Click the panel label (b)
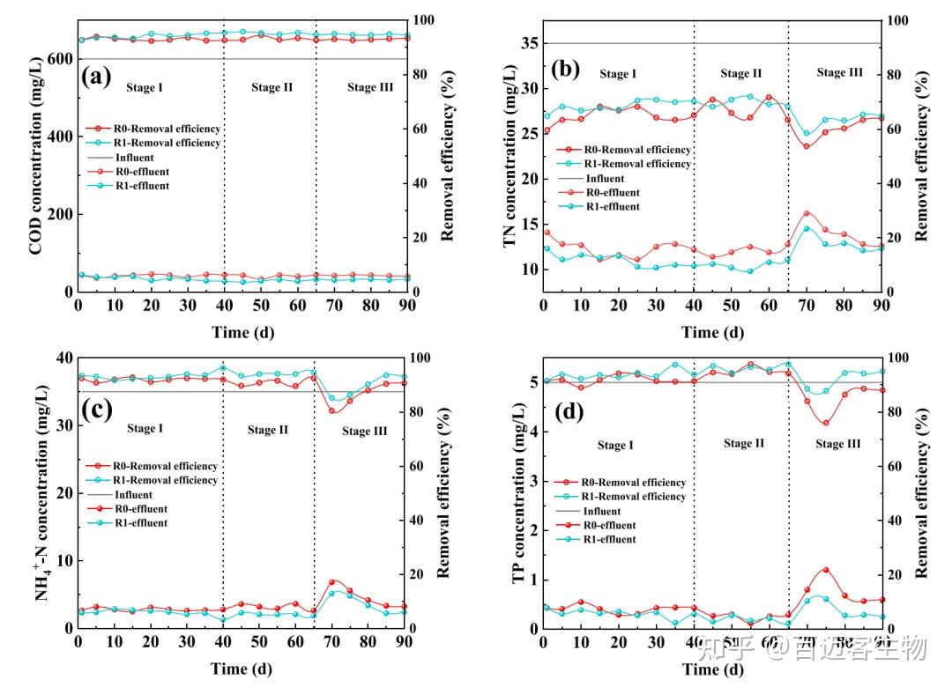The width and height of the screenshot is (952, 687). pyautogui.click(x=564, y=68)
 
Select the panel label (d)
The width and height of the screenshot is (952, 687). pyautogui.click(x=563, y=410)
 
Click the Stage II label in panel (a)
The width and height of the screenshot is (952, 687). pyautogui.click(x=271, y=87)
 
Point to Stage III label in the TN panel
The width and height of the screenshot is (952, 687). pyautogui.click(x=839, y=73)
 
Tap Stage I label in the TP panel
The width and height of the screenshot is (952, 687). pyautogui.click(x=615, y=446)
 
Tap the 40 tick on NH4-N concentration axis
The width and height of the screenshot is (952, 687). pyautogui.click(x=63, y=358)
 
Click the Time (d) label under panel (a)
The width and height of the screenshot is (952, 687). pyautogui.click(x=241, y=331)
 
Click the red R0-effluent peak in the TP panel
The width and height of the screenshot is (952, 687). pyautogui.click(x=825, y=570)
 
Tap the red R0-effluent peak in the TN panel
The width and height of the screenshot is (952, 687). pyautogui.click(x=807, y=213)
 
